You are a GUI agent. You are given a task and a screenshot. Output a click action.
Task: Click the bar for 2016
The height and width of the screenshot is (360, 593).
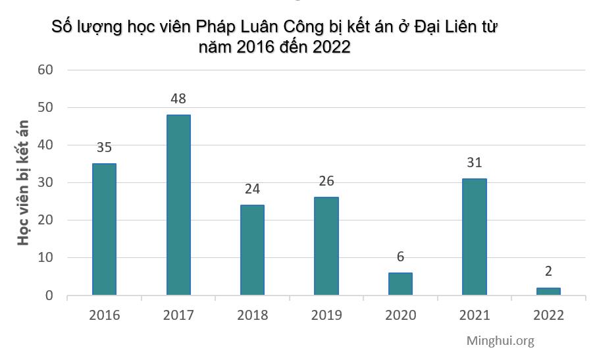tap(104, 229)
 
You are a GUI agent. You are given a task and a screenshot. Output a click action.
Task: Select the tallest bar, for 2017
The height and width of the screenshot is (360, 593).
tap(178, 205)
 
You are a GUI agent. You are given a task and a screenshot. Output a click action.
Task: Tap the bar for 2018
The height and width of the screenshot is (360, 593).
tap(252, 250)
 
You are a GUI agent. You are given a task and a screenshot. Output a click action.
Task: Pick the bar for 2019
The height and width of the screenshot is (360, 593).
tap(326, 246)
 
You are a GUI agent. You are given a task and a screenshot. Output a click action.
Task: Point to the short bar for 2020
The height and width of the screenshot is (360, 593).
tap(400, 284)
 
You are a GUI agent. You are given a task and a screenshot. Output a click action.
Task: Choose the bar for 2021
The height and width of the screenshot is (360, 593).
tap(475, 237)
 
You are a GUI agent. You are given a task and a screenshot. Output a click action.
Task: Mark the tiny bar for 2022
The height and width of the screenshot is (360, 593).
tap(548, 291)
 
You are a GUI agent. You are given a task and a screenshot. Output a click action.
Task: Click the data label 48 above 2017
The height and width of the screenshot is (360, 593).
tap(178, 99)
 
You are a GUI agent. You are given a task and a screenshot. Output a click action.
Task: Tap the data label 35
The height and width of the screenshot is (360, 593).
tap(104, 147)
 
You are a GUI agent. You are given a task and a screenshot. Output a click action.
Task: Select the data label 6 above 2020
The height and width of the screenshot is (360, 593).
tap(400, 257)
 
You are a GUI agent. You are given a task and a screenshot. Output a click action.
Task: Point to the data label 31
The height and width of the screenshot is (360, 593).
tap(475, 163)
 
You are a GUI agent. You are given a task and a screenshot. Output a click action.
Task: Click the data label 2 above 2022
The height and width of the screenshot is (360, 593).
tap(548, 271)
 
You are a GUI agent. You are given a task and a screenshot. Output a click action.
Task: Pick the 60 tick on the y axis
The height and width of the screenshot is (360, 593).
tap(45, 70)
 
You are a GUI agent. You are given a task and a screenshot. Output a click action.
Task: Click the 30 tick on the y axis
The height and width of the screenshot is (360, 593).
tap(45, 183)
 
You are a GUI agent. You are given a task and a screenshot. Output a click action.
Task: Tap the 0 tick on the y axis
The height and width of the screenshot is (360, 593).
tap(49, 296)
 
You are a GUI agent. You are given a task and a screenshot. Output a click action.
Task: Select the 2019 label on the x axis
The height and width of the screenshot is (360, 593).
tap(326, 315)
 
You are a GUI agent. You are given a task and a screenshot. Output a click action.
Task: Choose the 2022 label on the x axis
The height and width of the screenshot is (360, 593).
tap(548, 315)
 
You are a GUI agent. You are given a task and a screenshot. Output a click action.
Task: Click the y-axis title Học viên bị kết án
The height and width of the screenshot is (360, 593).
tap(24, 183)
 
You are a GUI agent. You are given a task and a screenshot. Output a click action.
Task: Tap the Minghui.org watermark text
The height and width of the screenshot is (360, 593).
tap(500, 340)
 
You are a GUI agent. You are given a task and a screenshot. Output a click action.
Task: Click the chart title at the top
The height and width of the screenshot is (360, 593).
tap(274, 38)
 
